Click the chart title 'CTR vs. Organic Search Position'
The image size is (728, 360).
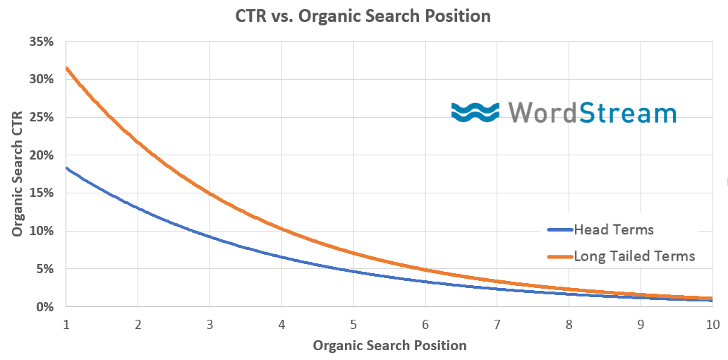click(x=363, y=16)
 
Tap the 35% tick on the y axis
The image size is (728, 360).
click(x=42, y=42)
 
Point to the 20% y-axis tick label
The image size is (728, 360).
click(x=42, y=155)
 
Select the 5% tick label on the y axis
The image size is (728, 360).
click(x=44, y=269)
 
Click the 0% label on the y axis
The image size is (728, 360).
click(x=44, y=307)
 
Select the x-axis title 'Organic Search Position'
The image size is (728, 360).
click(x=389, y=345)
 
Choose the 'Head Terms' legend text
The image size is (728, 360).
click(x=614, y=230)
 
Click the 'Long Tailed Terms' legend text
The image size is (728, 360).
click(x=634, y=256)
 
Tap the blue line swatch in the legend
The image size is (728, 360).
click(x=559, y=230)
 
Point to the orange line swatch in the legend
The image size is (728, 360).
click(x=559, y=256)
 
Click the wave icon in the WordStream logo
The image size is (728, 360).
click(x=475, y=112)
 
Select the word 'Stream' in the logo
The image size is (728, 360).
click(x=629, y=113)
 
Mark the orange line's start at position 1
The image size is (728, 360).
click(x=66, y=68)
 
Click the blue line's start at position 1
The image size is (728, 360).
click(x=66, y=168)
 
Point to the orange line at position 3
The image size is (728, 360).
click(x=210, y=192)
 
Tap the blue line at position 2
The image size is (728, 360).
click(x=138, y=208)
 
